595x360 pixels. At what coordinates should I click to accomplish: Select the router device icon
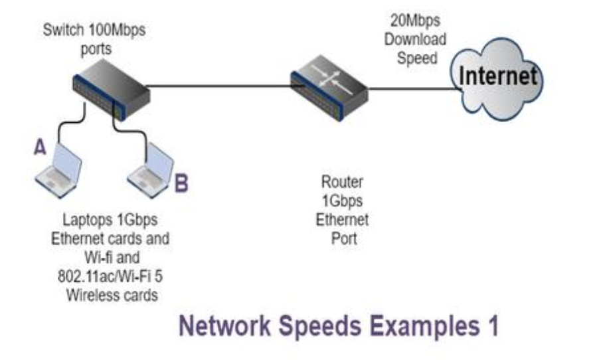tap(329, 85)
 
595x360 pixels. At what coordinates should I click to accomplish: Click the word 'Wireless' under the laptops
tap(92, 295)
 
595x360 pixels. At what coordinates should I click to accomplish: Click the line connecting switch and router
tap(219, 86)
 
